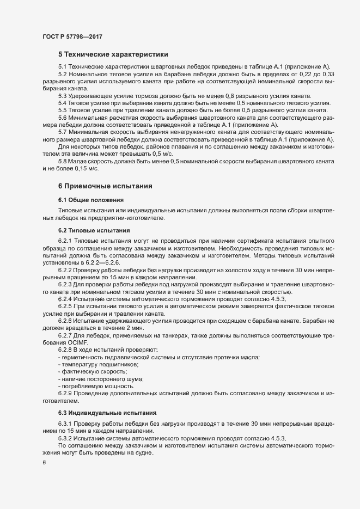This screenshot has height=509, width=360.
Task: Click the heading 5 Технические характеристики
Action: pos(113,54)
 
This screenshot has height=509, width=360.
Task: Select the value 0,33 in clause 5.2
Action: pos(327,73)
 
